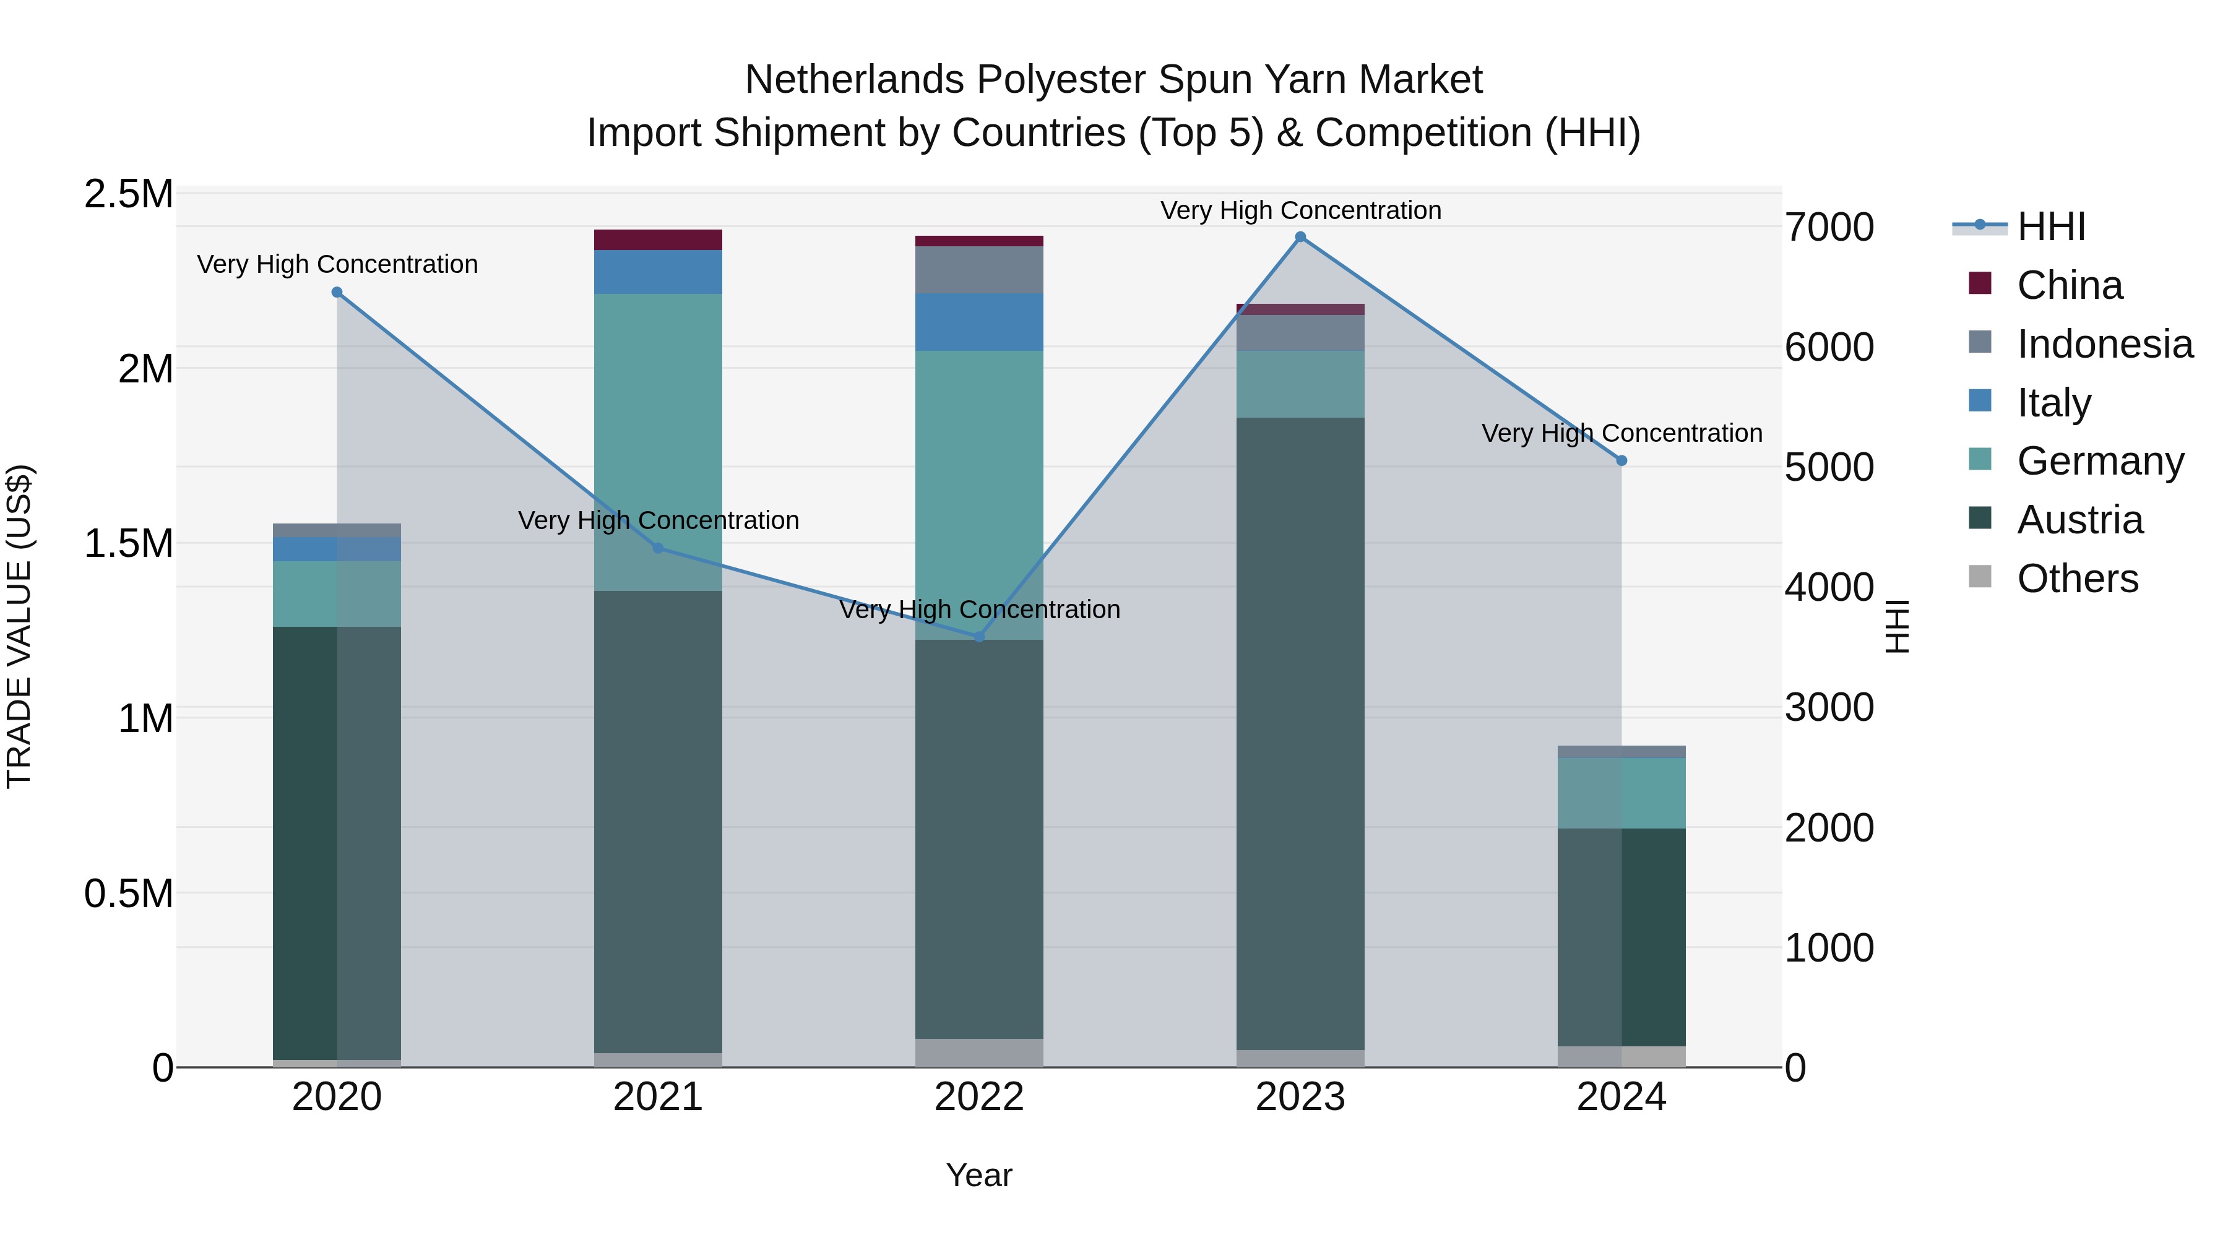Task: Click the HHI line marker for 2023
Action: pos(1300,237)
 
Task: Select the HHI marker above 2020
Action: pos(337,292)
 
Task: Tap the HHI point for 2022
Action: pos(979,637)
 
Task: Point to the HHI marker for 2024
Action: pos(1621,461)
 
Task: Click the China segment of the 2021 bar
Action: pos(658,239)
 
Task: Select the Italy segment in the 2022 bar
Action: pos(979,322)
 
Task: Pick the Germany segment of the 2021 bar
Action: pos(658,441)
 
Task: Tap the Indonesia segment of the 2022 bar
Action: pos(979,270)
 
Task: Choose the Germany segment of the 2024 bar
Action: pos(1621,793)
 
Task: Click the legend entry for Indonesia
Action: pos(2104,344)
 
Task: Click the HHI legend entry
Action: pos(2050,226)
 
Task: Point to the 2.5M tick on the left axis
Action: pos(128,194)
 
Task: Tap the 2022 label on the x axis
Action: pos(979,1097)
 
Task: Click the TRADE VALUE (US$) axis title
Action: pos(19,626)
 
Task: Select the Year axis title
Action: pos(979,1175)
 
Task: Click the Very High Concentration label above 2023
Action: pos(1300,210)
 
